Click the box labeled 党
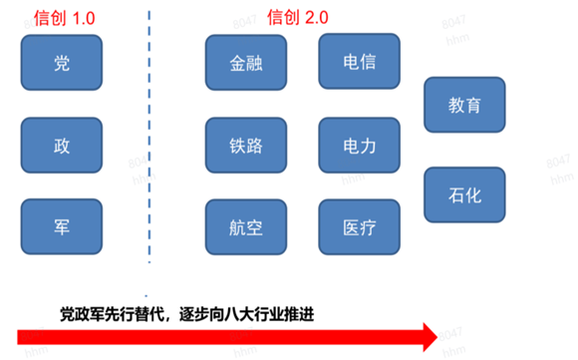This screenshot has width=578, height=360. (62, 64)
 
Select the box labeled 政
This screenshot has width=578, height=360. (62, 146)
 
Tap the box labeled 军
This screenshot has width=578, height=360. (62, 226)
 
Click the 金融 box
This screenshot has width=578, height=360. (245, 64)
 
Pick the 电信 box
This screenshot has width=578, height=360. (359, 62)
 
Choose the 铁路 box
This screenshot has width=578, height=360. (245, 146)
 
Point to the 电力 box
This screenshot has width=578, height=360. (359, 146)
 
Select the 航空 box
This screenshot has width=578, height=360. (245, 227)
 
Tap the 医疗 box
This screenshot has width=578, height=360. (359, 227)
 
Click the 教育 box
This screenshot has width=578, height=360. (464, 104)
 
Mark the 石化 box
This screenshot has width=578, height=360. (464, 194)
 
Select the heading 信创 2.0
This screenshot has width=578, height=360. (299, 16)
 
